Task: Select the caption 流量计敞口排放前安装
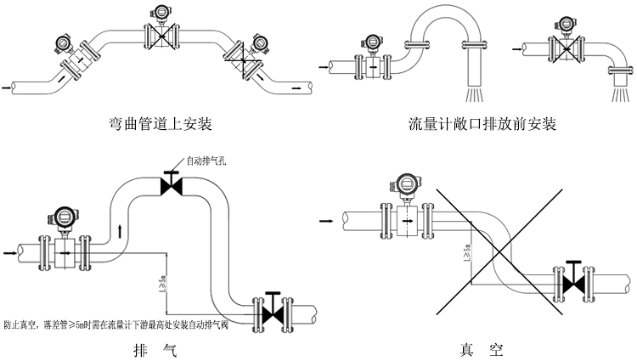[482, 124]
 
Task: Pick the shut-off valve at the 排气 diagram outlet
[273, 310]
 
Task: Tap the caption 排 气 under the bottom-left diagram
[157, 349]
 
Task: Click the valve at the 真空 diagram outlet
[574, 279]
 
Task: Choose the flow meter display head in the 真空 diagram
[403, 184]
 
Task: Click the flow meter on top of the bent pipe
[160, 31]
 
